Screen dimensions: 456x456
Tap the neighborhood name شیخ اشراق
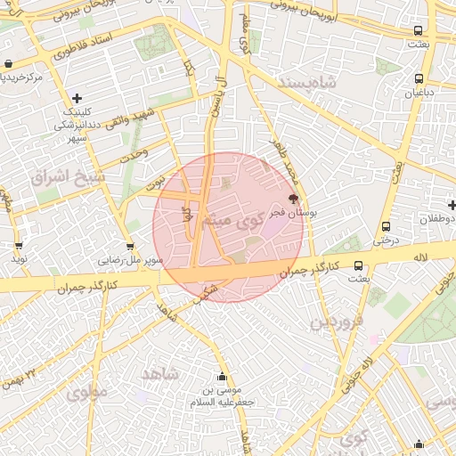(x=68, y=176)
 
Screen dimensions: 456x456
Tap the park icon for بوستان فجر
(x=293, y=199)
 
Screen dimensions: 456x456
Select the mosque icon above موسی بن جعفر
(x=222, y=377)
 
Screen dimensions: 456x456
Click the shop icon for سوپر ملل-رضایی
(x=130, y=247)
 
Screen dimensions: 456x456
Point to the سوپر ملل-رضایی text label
(x=131, y=261)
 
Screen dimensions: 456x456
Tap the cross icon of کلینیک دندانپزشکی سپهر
(x=77, y=98)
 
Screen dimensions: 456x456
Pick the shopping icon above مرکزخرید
(x=8, y=63)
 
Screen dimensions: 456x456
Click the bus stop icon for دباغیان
(x=418, y=77)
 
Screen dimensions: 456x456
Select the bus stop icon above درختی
(x=386, y=226)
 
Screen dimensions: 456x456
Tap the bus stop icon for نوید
(x=19, y=246)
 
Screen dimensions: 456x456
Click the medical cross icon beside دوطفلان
(x=452, y=206)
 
